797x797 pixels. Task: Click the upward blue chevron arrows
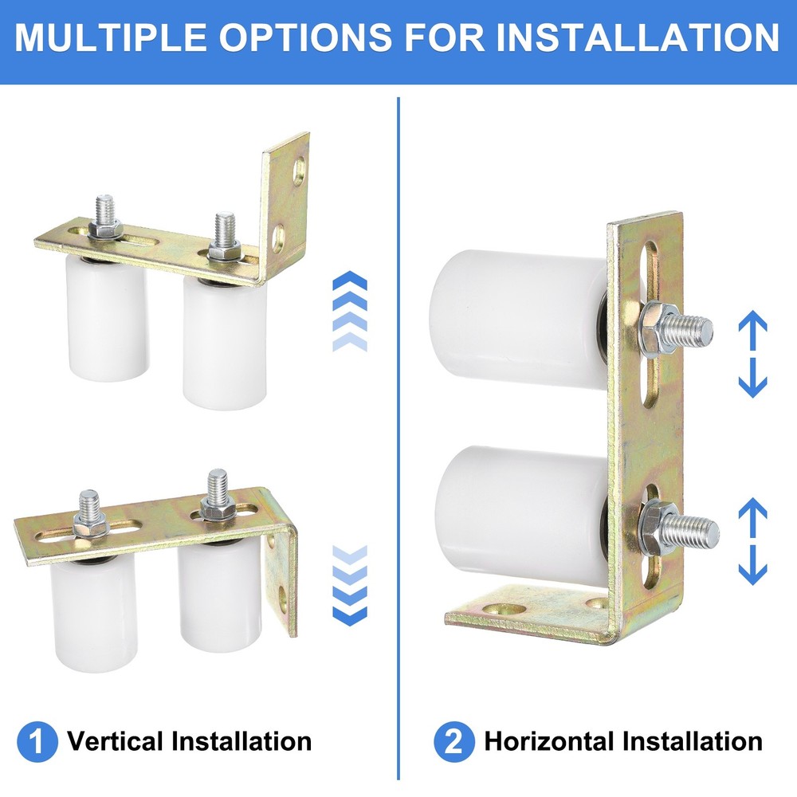click(x=349, y=311)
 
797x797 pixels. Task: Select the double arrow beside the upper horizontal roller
click(x=752, y=354)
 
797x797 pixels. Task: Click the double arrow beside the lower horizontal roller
click(x=752, y=541)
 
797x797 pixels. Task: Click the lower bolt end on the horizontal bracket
click(x=697, y=530)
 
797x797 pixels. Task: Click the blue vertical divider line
click(x=398, y=438)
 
